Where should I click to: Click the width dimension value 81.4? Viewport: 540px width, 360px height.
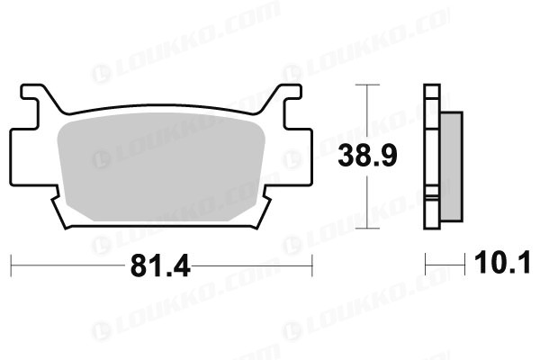coord(160,265)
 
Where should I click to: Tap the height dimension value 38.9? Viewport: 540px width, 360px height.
coord(367,156)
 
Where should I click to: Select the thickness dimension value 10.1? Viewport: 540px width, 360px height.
coord(502,263)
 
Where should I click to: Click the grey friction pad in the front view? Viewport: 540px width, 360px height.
coord(161,166)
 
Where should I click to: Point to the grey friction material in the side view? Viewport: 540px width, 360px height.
coord(452,166)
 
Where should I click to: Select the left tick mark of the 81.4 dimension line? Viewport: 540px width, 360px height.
coord(11,265)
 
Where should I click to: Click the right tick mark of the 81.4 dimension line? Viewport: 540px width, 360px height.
coord(312,265)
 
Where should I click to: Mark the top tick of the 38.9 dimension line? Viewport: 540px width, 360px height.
coord(367,85)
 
